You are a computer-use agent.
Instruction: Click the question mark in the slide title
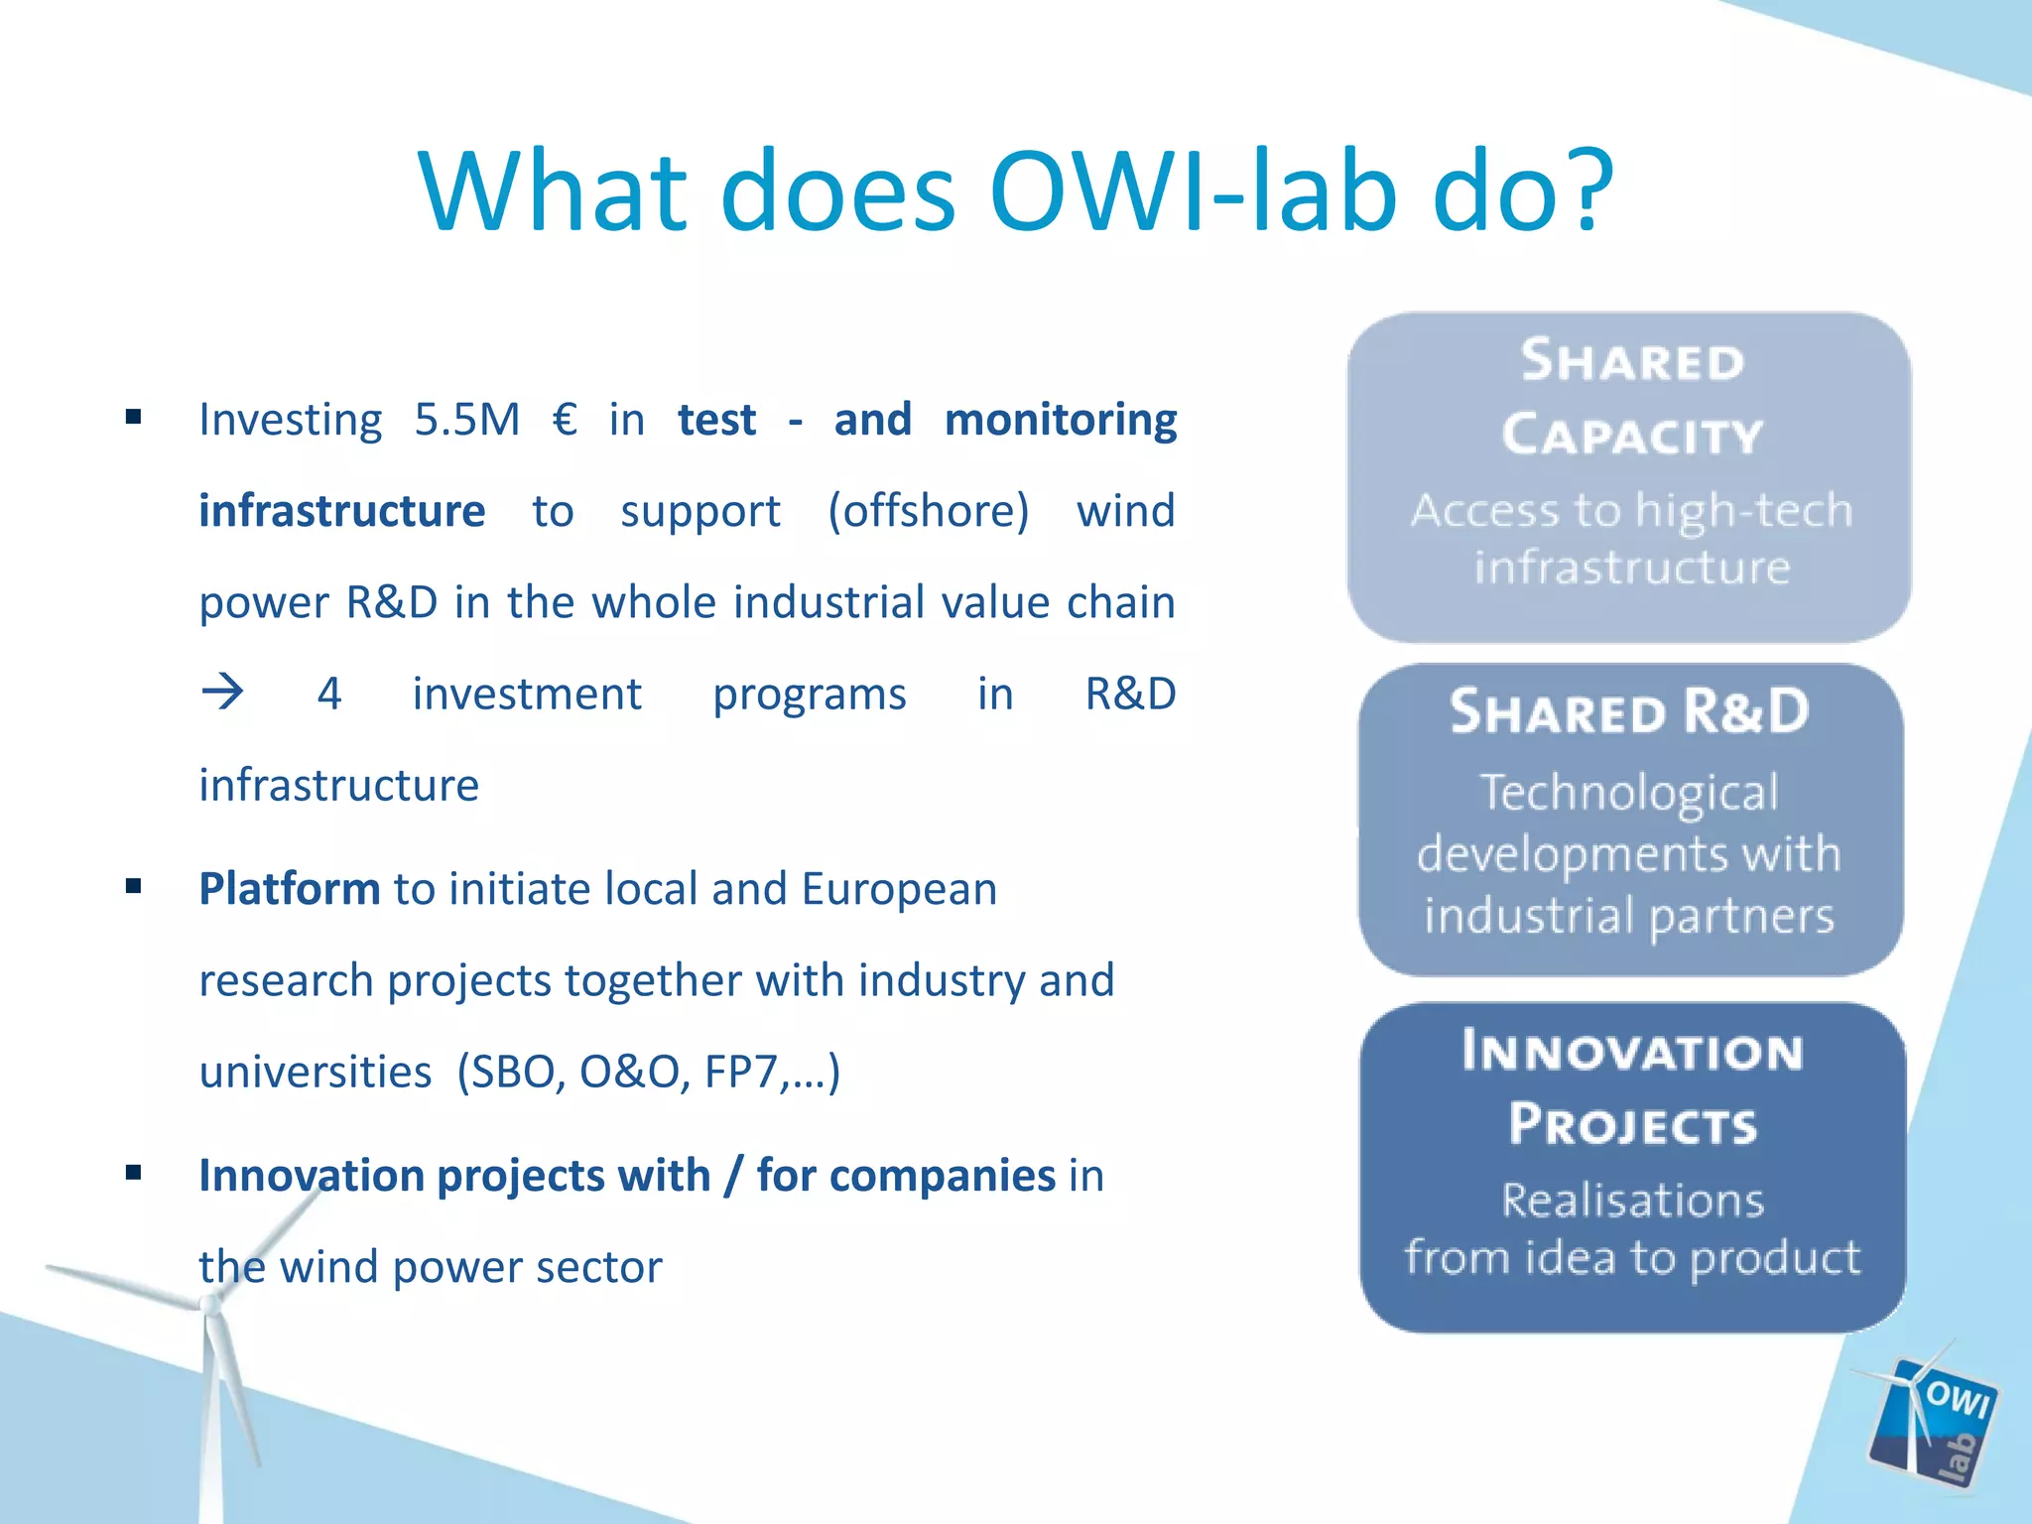coord(1578,190)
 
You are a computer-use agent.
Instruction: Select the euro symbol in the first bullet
coord(565,420)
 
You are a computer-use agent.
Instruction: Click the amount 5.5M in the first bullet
coord(467,420)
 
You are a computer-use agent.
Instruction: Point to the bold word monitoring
coord(1060,420)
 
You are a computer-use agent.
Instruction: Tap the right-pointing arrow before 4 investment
coord(222,692)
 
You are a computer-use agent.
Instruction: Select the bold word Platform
coord(289,889)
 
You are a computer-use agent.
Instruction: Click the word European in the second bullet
coord(899,889)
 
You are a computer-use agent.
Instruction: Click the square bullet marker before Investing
coord(134,418)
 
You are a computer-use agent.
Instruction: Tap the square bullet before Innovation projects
coord(134,1174)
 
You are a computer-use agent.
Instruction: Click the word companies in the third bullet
coord(943,1176)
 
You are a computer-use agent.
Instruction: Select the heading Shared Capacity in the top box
coord(1631,397)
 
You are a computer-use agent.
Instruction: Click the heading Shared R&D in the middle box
coord(1629,712)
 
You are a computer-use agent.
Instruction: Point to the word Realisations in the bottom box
coord(1632,1201)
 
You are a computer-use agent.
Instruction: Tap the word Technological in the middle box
coord(1629,793)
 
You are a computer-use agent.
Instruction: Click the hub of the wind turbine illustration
coord(210,1308)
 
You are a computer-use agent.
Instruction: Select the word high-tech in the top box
coord(1743,511)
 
